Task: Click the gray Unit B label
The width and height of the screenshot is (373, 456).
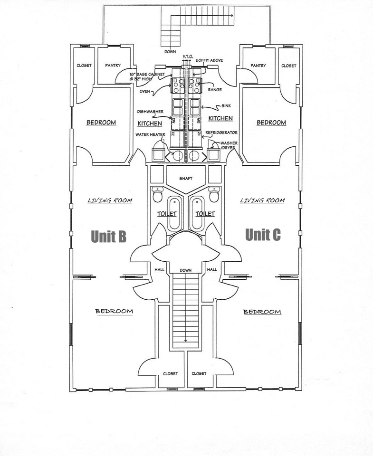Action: click(109, 236)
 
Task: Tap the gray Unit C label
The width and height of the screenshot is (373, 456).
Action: click(263, 234)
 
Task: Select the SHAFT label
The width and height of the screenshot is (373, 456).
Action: click(185, 179)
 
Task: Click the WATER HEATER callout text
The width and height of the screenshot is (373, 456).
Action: click(151, 135)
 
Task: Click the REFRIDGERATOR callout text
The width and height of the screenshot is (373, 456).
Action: click(221, 133)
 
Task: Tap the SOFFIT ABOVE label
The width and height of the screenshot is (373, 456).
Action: click(209, 60)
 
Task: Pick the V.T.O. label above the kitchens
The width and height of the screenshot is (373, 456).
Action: click(188, 57)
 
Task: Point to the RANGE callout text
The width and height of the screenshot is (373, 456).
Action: click(215, 89)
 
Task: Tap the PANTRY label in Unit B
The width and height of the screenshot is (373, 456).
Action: click(113, 66)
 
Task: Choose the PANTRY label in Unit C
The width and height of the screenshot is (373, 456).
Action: click(258, 66)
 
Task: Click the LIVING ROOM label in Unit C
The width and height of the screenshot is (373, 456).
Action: click(262, 200)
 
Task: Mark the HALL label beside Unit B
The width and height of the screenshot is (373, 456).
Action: click(159, 269)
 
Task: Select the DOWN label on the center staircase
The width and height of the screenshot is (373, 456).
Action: click(185, 270)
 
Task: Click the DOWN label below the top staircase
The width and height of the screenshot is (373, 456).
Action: click(171, 51)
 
